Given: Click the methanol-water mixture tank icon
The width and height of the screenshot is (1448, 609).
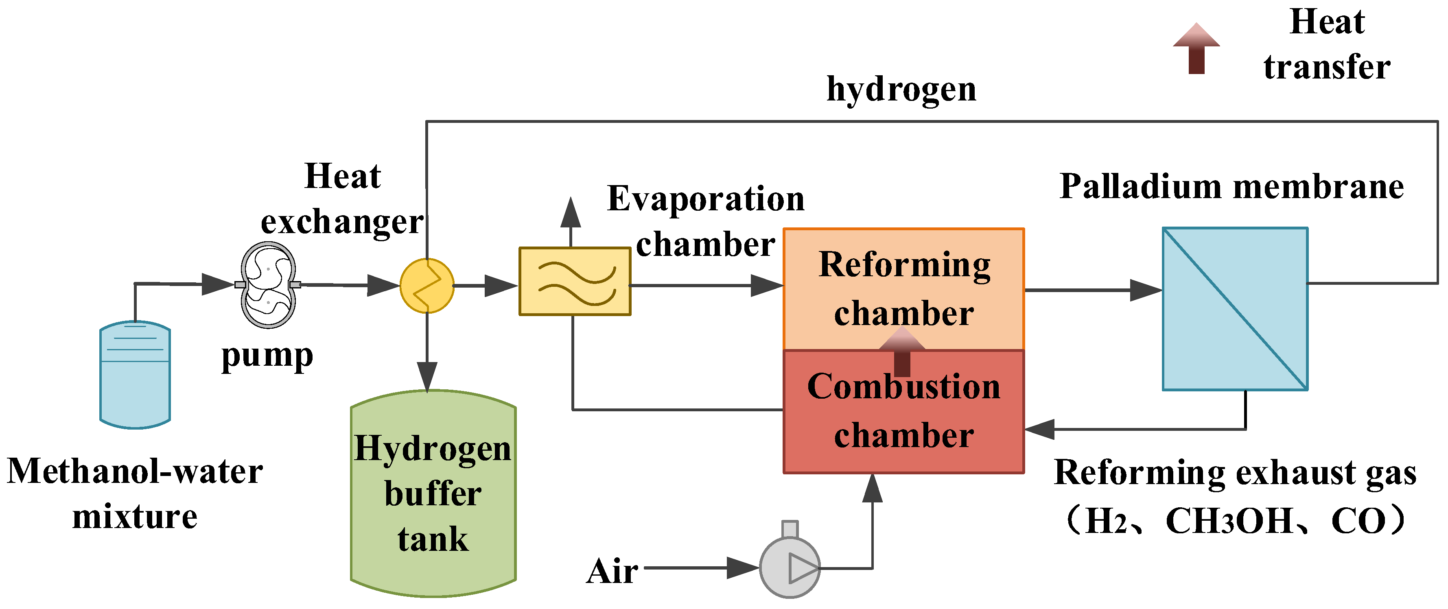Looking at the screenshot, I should click(135, 375).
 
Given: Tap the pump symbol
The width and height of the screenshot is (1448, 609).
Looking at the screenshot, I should click(268, 285).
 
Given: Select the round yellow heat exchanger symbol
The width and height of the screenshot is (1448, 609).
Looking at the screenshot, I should click(427, 286).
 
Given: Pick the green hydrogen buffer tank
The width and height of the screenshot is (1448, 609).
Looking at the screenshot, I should click(433, 493).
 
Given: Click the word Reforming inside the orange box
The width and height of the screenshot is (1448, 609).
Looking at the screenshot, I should click(904, 265).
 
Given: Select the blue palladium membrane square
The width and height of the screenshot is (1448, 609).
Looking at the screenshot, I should click(1235, 309).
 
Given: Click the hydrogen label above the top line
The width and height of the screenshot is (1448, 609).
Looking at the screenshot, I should click(901, 90).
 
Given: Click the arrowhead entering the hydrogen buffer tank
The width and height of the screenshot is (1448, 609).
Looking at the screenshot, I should click(427, 376).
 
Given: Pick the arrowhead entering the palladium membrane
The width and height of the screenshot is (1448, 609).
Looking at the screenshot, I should click(1145, 290).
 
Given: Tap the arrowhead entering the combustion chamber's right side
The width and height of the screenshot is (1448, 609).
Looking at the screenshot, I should click(1040, 429).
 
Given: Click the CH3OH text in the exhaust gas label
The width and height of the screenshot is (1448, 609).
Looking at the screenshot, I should click(1229, 522).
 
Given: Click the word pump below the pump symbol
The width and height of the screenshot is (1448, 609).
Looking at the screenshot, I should click(267, 357).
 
